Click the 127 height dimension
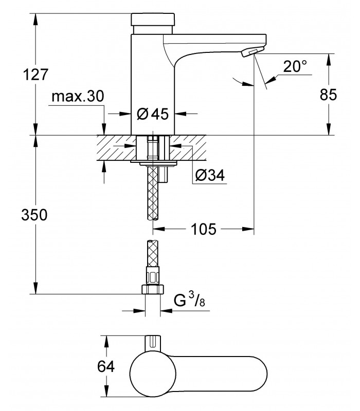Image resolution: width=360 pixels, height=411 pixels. pos(36,74)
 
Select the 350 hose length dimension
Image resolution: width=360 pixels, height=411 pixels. pos(34,215)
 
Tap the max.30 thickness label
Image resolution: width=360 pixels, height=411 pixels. pos(78,96)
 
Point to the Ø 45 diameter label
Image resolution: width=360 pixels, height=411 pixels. pos(153,114)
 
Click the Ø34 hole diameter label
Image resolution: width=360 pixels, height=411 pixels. pos(210,175)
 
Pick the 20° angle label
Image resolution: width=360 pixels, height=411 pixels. pos(295,66)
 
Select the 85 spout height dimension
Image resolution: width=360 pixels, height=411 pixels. pos(328,95)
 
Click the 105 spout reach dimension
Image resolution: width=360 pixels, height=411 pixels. pos(204,229)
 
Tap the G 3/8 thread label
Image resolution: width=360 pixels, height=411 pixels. pos(189,300)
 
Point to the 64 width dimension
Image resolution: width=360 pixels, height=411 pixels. pos(106,366)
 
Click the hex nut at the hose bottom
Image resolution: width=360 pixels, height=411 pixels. pos(153,289)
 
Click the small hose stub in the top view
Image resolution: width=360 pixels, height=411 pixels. pos(152,342)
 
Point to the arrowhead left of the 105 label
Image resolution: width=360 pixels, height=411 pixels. pos(159,229)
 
